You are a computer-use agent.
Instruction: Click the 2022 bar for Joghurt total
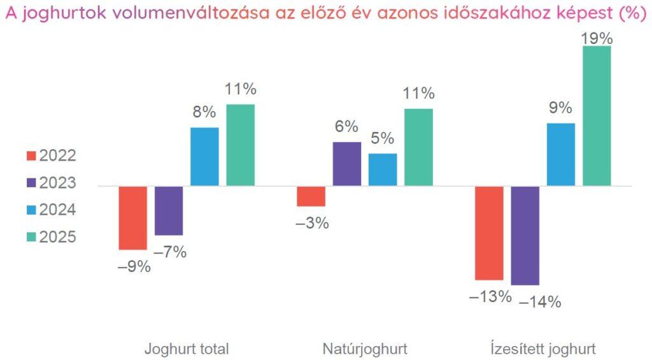tap(133, 218)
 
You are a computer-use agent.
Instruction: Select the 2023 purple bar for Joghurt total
tap(169, 211)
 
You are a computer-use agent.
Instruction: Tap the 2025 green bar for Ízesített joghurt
tap(597, 116)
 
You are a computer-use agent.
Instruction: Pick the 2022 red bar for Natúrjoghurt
tap(311, 196)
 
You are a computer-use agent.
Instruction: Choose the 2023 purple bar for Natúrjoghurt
tap(347, 164)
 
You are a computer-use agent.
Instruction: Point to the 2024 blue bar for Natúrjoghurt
tap(383, 169)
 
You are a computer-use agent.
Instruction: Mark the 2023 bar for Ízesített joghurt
tap(525, 235)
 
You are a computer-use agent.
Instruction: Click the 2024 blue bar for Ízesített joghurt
tap(561, 154)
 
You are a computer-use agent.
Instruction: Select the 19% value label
tap(597, 38)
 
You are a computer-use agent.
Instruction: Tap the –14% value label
tap(540, 301)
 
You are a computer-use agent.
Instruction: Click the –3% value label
tap(311, 223)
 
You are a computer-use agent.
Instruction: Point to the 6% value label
tap(347, 127)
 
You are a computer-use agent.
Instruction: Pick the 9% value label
tap(561, 108)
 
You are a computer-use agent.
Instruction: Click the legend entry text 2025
tap(58, 237)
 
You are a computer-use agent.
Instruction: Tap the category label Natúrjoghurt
tap(365, 349)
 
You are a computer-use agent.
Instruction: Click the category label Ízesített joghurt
tap(543, 349)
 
